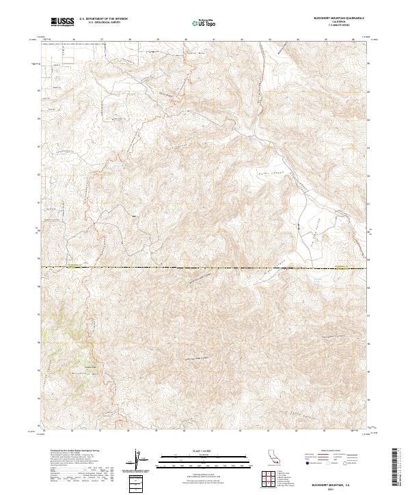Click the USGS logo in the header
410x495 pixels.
[x=62, y=22]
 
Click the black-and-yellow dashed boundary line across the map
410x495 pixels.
[x=205, y=267]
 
